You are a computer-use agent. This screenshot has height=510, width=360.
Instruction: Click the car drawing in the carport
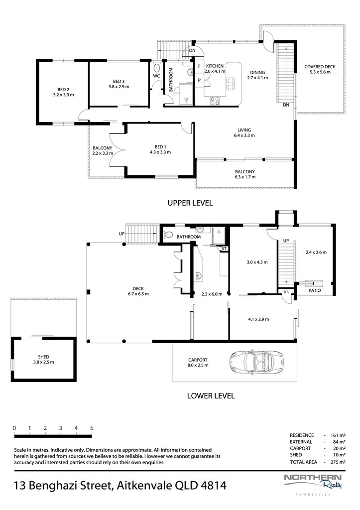256,362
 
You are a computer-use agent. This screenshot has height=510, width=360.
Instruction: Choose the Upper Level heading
190,203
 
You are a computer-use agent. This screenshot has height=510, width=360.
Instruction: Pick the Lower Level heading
211,396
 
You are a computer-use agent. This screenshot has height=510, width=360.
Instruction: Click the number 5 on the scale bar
92,428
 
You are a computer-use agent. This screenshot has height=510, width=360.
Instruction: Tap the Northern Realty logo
313,482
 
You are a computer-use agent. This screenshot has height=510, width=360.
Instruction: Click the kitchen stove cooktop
215,101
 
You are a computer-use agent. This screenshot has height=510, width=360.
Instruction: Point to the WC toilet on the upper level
156,68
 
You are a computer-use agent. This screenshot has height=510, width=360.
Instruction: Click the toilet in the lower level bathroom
168,235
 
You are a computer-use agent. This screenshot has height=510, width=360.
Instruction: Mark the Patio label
315,290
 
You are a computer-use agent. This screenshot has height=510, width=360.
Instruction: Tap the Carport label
198,360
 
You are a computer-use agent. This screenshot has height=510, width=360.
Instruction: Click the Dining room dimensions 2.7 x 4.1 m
257,78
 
